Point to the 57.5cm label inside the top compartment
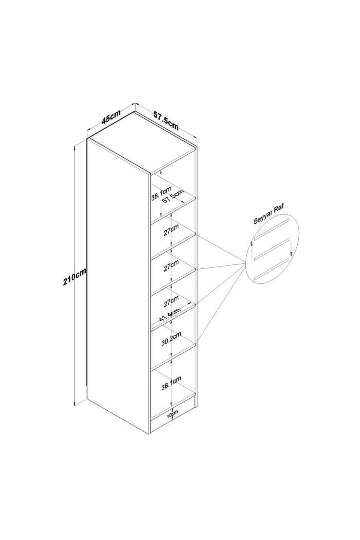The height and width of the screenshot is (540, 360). click(x=173, y=196)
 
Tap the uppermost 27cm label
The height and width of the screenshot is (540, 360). click(x=171, y=230)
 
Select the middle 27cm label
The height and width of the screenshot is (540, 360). click(x=171, y=266)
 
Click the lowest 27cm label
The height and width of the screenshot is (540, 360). click(x=171, y=302)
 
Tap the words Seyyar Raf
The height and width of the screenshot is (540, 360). click(x=269, y=214)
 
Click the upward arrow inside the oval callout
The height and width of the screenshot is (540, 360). click(x=252, y=250)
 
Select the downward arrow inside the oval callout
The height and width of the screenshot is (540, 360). click(x=291, y=248)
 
